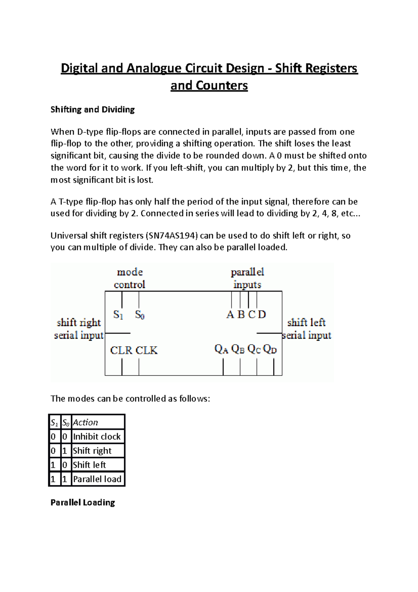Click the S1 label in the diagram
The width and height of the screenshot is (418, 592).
click(x=118, y=315)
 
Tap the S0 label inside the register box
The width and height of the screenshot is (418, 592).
click(x=140, y=315)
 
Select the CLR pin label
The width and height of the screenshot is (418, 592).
click(x=121, y=350)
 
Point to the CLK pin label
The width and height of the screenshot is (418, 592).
click(x=146, y=350)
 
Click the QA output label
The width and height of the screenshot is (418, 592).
click(x=221, y=349)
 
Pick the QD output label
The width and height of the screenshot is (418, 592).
click(x=270, y=349)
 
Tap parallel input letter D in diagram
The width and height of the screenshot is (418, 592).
click(x=262, y=314)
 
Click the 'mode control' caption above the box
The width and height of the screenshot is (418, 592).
click(x=130, y=278)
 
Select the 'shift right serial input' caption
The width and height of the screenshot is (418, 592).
click(x=79, y=329)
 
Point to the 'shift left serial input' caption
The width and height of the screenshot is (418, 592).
click(x=306, y=329)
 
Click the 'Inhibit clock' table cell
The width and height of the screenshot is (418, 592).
click(x=97, y=437)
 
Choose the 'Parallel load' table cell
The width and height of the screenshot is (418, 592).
click(x=97, y=479)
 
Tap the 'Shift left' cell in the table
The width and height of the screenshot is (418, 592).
click(x=90, y=465)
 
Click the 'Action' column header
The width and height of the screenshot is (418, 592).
click(x=86, y=422)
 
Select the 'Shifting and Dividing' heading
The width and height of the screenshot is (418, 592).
click(x=93, y=109)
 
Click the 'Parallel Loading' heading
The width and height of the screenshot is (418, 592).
click(x=83, y=502)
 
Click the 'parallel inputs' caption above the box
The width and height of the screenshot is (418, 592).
click(x=247, y=278)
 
